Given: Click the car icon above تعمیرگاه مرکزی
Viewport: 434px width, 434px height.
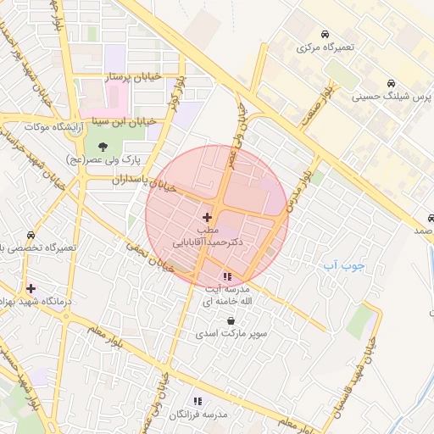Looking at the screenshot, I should (325, 34).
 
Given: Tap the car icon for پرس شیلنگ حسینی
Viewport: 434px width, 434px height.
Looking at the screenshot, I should (390, 84).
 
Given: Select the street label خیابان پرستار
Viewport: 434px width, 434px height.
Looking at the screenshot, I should (131, 77).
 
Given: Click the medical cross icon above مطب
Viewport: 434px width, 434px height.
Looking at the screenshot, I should (208, 218).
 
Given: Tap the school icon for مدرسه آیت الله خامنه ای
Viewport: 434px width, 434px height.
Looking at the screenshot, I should (227, 276).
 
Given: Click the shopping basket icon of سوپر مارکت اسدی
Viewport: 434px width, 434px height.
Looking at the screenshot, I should (231, 320).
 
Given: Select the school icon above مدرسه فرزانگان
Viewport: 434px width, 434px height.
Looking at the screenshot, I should (198, 401).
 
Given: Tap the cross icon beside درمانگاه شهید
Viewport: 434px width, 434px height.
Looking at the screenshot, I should (31, 289).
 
